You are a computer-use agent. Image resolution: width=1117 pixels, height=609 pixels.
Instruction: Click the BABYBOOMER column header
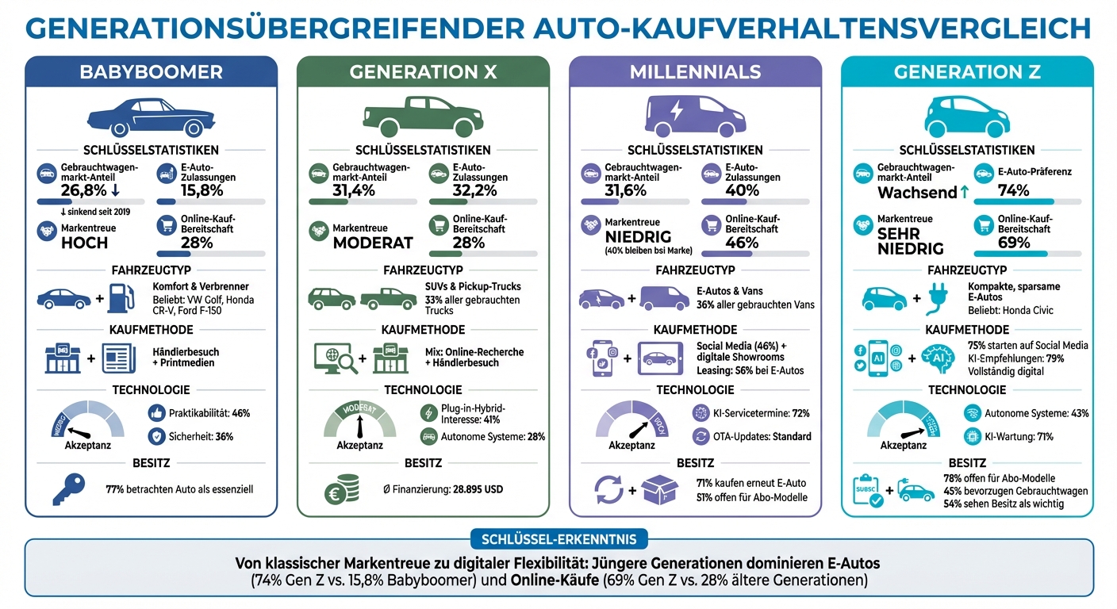point(151,72)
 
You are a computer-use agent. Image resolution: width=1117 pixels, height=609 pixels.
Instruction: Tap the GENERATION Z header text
point(966,72)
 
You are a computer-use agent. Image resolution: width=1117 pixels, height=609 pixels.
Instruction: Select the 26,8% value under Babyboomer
point(83,190)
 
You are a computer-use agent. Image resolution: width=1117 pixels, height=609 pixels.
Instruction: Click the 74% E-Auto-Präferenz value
point(1013,190)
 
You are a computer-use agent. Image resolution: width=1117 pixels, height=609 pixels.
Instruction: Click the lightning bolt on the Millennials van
point(676,111)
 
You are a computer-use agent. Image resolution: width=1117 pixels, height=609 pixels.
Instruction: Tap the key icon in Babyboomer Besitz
point(67,488)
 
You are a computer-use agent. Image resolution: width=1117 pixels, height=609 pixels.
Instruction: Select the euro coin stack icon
point(341,489)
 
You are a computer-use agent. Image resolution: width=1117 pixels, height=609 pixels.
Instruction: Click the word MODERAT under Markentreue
point(373,243)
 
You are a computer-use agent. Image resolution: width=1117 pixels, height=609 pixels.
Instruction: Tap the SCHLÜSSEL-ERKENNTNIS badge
point(558,540)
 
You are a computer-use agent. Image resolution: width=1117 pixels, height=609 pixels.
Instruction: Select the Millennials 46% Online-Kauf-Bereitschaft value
point(742,243)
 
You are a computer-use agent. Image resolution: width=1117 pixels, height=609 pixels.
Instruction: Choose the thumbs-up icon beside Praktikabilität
point(156,412)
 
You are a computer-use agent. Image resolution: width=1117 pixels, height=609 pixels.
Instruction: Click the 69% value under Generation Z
point(1013,243)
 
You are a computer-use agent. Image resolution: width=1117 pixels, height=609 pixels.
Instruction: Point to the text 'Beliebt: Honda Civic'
point(1011,310)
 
